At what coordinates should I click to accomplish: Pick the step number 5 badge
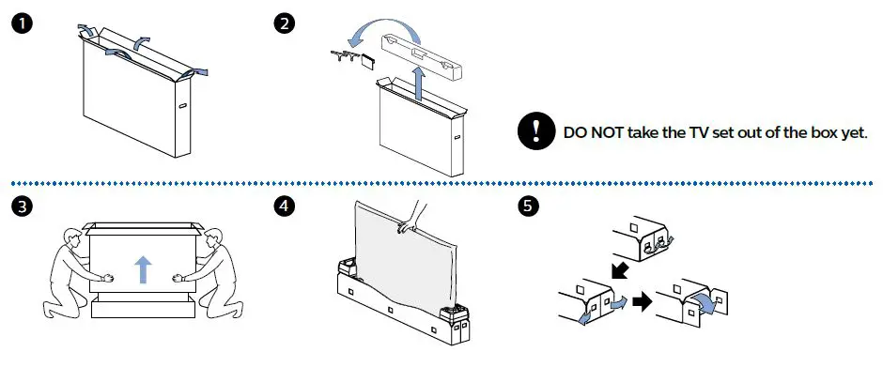pos(530,205)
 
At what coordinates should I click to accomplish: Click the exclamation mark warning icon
pos(535,132)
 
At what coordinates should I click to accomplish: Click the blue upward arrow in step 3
pos(142,270)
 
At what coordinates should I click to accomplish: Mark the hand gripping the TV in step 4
pos(407,223)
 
